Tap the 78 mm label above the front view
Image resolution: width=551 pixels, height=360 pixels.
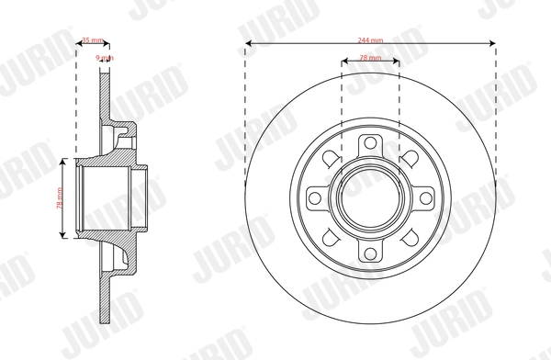pyautogui.click(x=370, y=58)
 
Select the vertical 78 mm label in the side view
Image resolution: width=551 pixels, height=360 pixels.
pyautogui.click(x=57, y=197)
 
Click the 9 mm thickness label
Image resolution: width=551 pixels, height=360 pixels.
pyautogui.click(x=105, y=58)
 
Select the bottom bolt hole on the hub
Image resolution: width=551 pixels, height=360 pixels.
pyautogui.click(x=370, y=253)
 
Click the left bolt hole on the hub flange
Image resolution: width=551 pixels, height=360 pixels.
pyautogui.click(x=315, y=197)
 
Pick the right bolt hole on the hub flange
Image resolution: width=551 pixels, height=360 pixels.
pyautogui.click(x=426, y=197)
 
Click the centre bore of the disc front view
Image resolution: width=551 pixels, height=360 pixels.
pyautogui.click(x=370, y=197)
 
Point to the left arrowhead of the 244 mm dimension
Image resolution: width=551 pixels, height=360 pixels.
pyautogui.click(x=249, y=46)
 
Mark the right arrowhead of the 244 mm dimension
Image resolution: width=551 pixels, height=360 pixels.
pyautogui.click(x=493, y=46)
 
